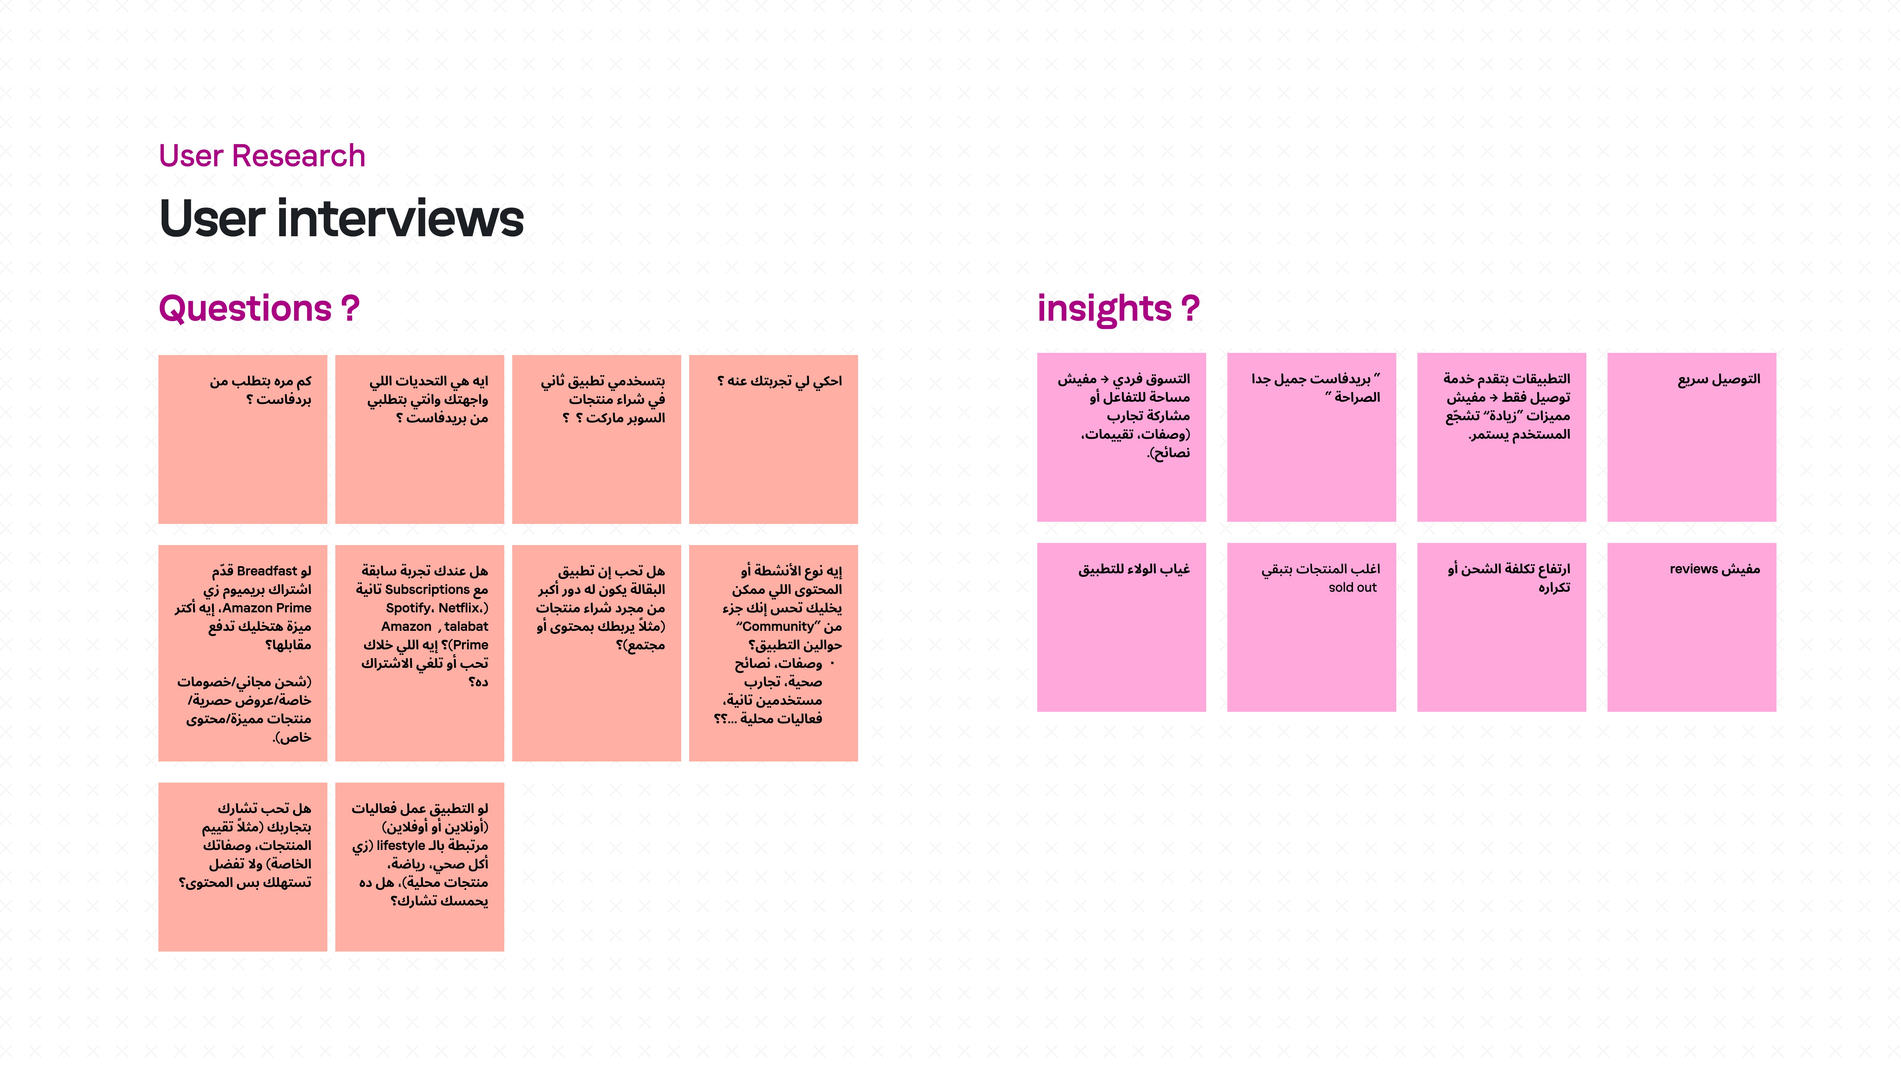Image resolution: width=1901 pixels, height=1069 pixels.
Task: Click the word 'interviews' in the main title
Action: [x=400, y=219]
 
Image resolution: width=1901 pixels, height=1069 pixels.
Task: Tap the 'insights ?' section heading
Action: [x=1118, y=308]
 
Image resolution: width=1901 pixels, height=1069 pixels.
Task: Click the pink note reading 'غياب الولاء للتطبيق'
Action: [x=1121, y=627]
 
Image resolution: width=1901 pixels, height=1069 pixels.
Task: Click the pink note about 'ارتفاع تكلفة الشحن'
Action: [x=1501, y=627]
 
